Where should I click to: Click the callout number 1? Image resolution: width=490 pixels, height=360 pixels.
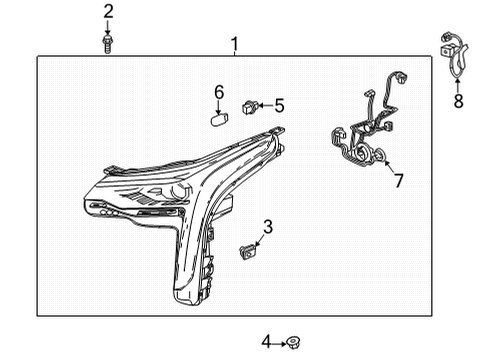click(x=234, y=43)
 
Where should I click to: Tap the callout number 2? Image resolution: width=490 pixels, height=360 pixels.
click(x=108, y=12)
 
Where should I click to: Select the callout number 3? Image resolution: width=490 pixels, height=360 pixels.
click(x=268, y=226)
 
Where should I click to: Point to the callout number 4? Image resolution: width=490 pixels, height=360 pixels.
click(x=267, y=342)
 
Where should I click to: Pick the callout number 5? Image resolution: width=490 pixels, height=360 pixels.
click(x=279, y=104)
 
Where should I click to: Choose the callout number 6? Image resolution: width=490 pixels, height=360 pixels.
click(x=219, y=93)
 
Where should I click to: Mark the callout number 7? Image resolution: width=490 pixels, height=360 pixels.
click(x=397, y=181)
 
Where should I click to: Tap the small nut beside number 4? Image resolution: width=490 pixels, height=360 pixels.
click(x=293, y=343)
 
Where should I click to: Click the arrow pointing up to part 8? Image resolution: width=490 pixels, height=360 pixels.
click(x=459, y=81)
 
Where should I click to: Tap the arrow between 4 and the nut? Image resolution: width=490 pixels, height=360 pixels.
click(x=279, y=343)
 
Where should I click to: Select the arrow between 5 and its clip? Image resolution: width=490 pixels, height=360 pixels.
click(x=265, y=104)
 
